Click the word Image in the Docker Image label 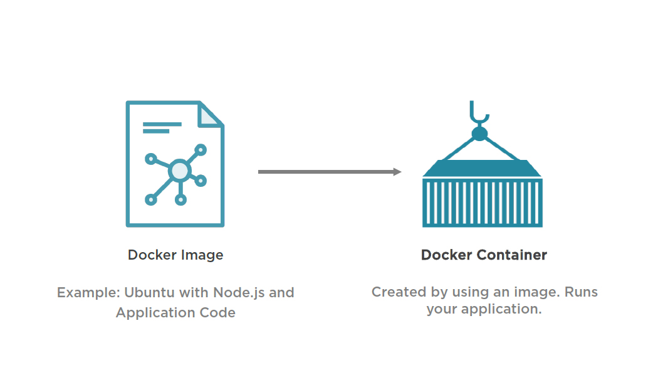tap(202, 255)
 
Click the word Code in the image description tap(219, 312)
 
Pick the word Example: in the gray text tap(88, 292)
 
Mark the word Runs tap(582, 292)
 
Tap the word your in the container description tap(442, 309)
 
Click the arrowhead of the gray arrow tap(397, 172)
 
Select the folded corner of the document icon tap(210, 115)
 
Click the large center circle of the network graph tap(180, 169)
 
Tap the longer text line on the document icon tap(162, 124)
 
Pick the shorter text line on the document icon tap(156, 132)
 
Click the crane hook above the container tap(479, 114)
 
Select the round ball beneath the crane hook tap(479, 134)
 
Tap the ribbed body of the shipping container tap(482, 203)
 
